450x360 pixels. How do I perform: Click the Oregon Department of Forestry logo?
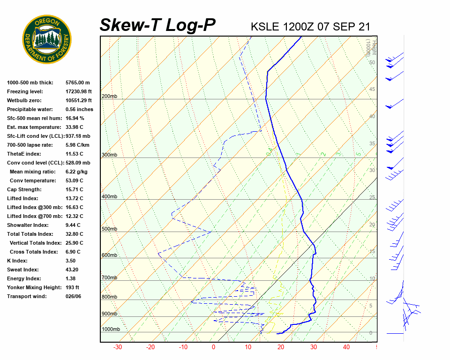47,39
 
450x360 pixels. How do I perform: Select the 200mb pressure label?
109,97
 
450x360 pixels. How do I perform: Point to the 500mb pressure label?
109,229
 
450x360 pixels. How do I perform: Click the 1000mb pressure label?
111,330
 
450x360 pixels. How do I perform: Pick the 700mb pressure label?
109,278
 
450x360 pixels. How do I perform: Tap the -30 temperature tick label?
118,347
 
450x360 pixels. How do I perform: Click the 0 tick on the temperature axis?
214,347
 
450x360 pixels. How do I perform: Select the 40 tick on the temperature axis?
346,347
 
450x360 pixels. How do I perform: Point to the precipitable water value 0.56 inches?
79,109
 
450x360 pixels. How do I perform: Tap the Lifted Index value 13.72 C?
75,198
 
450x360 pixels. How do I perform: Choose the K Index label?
17,261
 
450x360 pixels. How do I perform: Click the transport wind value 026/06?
74,296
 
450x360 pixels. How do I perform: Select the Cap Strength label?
24,189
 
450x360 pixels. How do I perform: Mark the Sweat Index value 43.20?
73,270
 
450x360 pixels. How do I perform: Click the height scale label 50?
372,62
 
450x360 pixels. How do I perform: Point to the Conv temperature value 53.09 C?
75,180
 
